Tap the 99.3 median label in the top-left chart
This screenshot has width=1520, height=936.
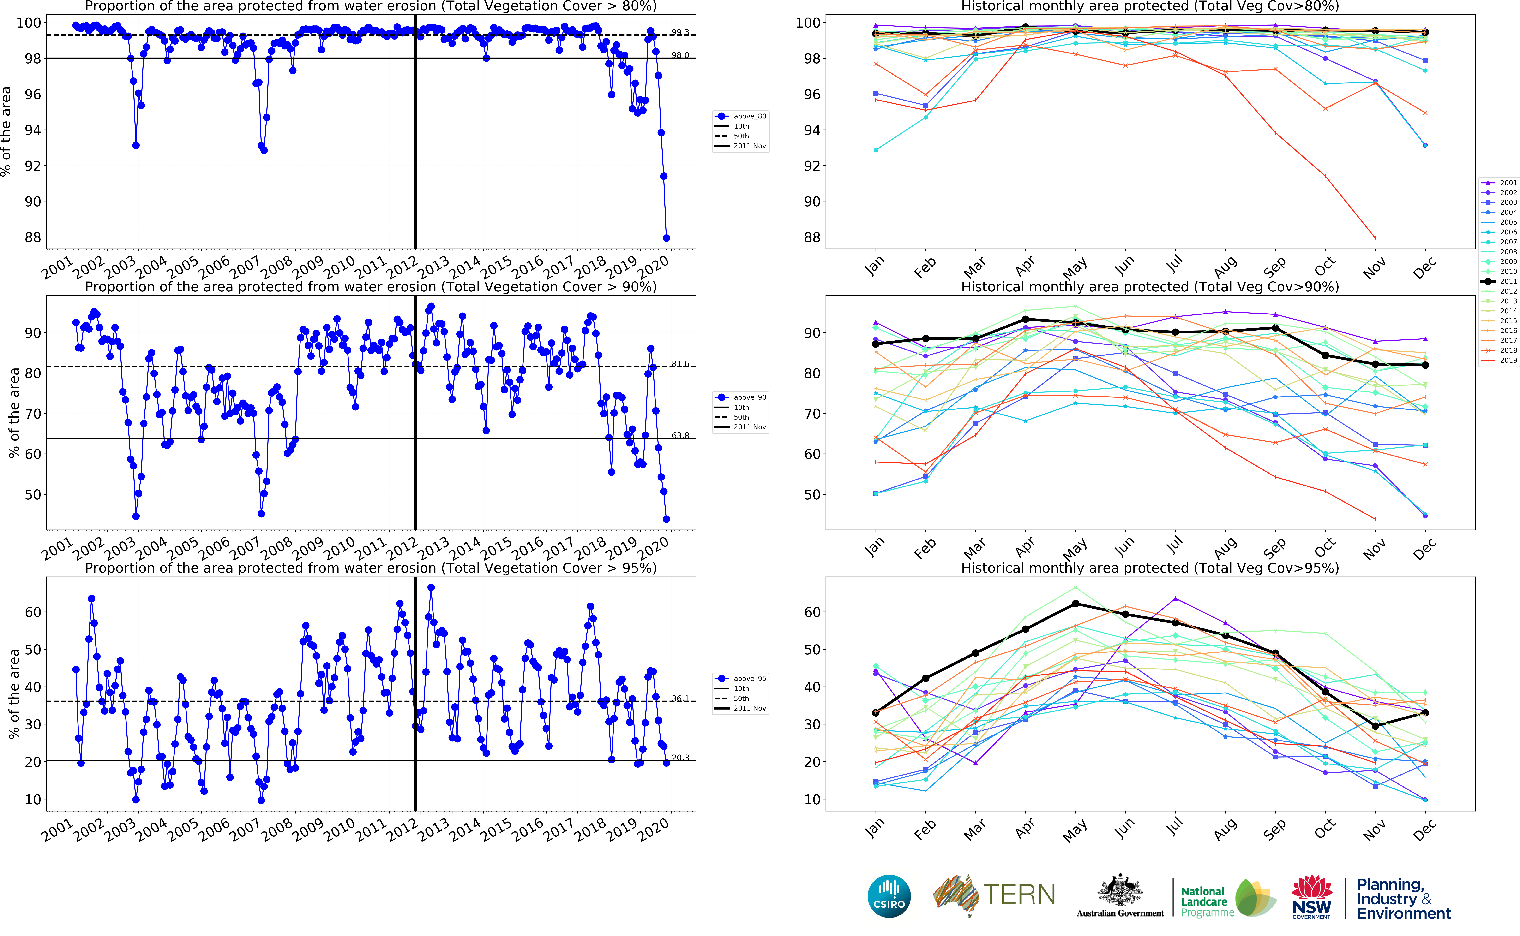[680, 32]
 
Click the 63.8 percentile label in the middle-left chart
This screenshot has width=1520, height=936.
[680, 436]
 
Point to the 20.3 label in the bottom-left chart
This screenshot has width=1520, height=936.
[680, 758]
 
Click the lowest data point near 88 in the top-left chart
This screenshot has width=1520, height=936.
[666, 238]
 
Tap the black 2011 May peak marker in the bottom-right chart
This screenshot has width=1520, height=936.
[1075, 604]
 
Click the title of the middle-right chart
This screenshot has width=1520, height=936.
[1150, 287]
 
